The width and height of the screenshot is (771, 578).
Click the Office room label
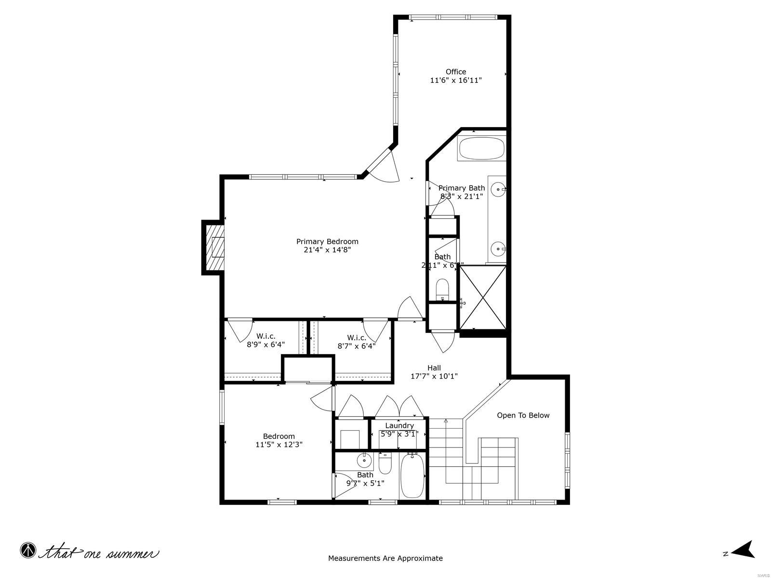(x=455, y=72)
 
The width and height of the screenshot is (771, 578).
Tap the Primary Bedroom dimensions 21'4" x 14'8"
(x=327, y=250)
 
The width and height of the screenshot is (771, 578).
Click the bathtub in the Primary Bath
(x=482, y=149)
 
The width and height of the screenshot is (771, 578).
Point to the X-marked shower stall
(x=483, y=297)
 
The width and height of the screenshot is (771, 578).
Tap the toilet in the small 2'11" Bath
(x=442, y=289)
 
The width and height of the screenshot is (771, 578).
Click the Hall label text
(x=434, y=368)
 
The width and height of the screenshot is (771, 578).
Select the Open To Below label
(x=523, y=415)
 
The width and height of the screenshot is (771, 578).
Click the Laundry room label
(x=399, y=426)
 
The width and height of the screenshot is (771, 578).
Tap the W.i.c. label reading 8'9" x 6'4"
(x=266, y=345)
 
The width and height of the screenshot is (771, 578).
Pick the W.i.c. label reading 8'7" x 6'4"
(x=356, y=346)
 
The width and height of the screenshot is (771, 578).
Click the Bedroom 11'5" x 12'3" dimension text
(x=279, y=445)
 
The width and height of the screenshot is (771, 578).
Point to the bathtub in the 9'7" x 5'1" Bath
(x=412, y=476)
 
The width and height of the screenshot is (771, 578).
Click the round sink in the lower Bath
(x=364, y=461)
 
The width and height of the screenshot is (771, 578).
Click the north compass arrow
(x=744, y=550)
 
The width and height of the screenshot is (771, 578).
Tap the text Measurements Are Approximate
(x=385, y=559)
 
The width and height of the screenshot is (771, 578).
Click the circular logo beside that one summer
(x=28, y=550)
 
